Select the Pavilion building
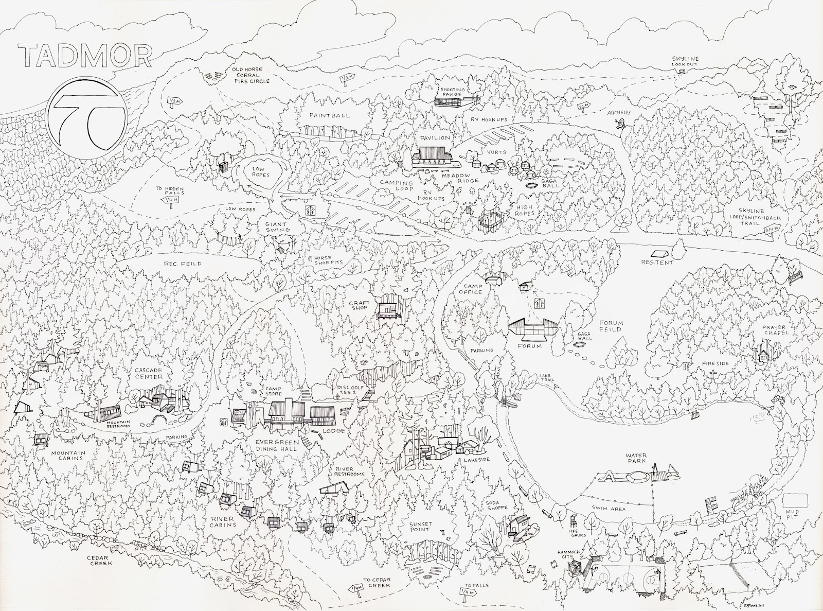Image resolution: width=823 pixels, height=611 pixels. pyautogui.click(x=432, y=155)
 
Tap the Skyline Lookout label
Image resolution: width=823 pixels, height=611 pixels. pyautogui.click(x=685, y=61)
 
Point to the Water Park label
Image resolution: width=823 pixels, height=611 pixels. pyautogui.click(x=639, y=458)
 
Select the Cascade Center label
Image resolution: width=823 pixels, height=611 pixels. pyautogui.click(x=149, y=373)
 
